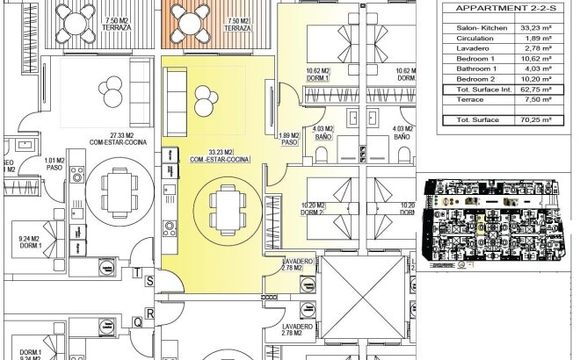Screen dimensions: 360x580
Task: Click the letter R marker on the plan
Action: click(150, 313)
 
